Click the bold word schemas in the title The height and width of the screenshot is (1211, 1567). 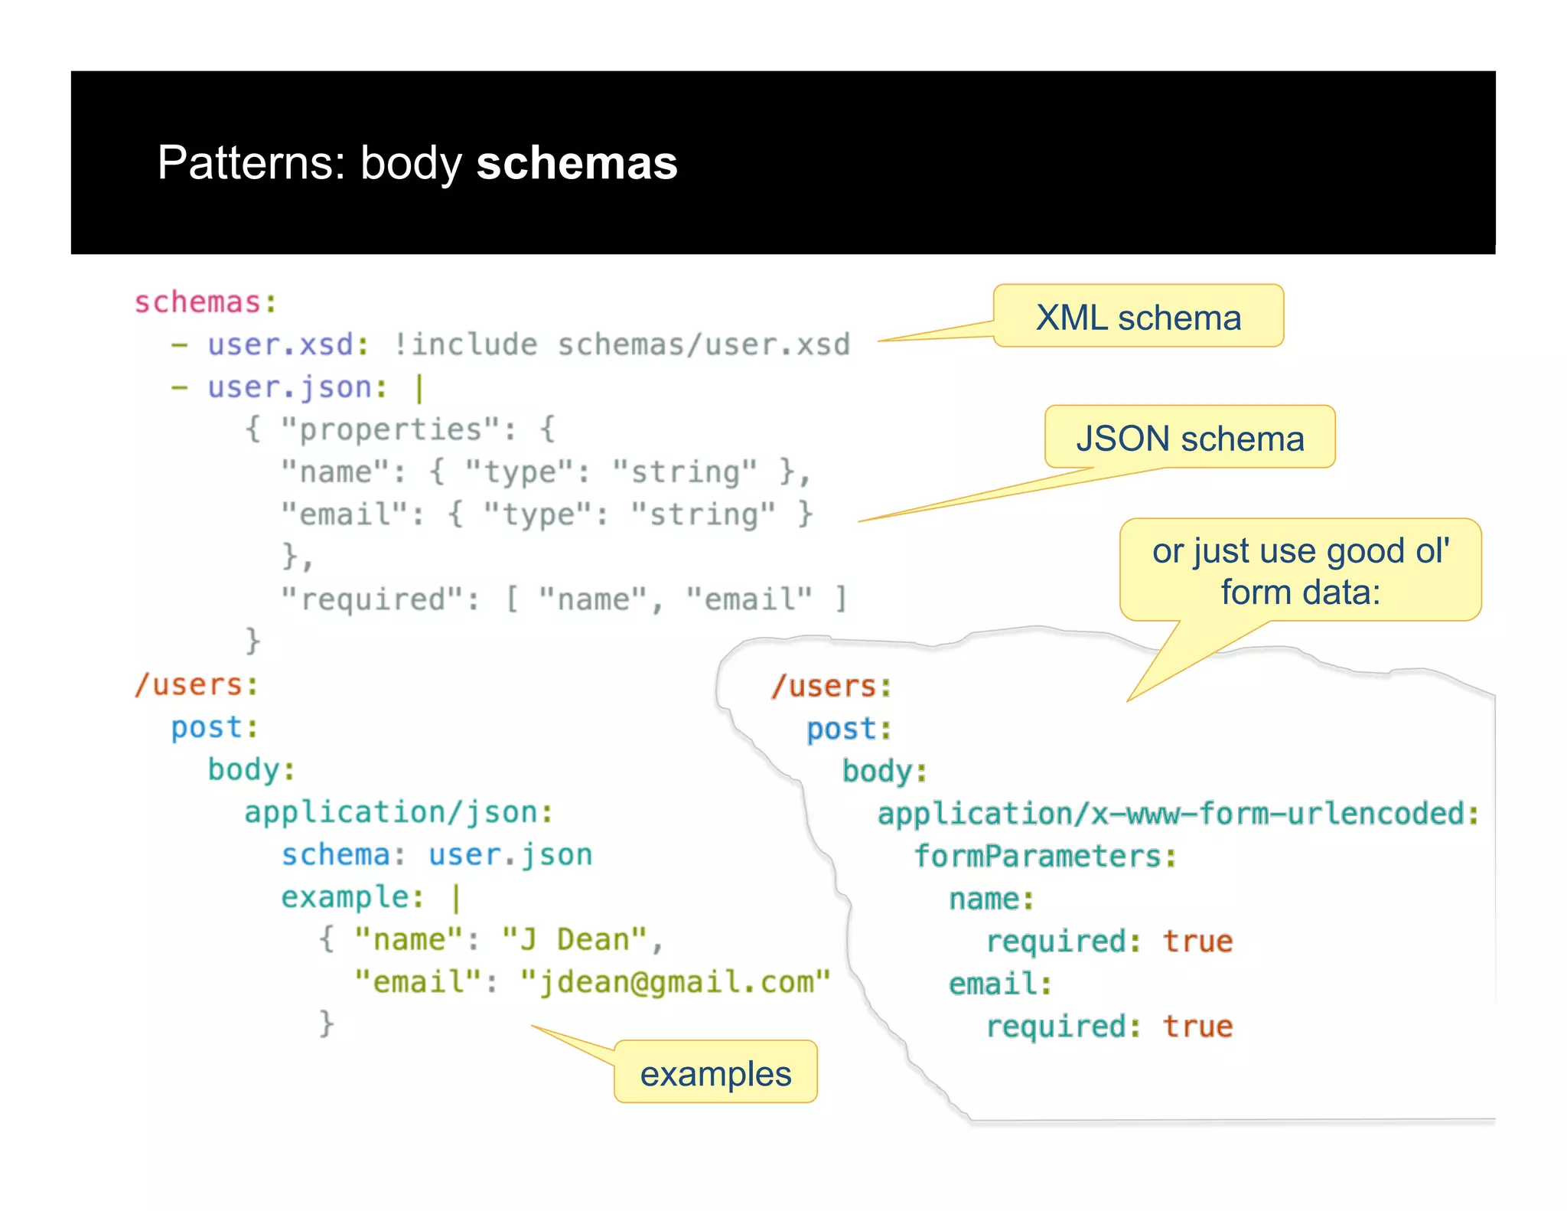click(x=577, y=163)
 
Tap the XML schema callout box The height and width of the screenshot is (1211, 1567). click(x=1138, y=317)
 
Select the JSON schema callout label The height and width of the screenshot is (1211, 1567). click(x=1190, y=439)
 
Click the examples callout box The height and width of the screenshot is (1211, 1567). click(x=715, y=1073)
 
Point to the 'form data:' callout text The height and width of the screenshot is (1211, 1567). click(x=1300, y=592)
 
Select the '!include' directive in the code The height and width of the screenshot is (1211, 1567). click(x=465, y=344)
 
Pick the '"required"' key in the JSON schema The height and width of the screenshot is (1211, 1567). click(x=380, y=599)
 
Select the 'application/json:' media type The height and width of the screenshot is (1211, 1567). click(x=399, y=812)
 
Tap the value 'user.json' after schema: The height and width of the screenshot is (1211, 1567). click(x=510, y=855)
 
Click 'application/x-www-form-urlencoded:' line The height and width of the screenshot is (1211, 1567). click(x=1178, y=814)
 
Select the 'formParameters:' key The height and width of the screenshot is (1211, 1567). click(x=1045, y=857)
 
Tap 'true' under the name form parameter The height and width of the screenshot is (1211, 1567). click(x=1197, y=942)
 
